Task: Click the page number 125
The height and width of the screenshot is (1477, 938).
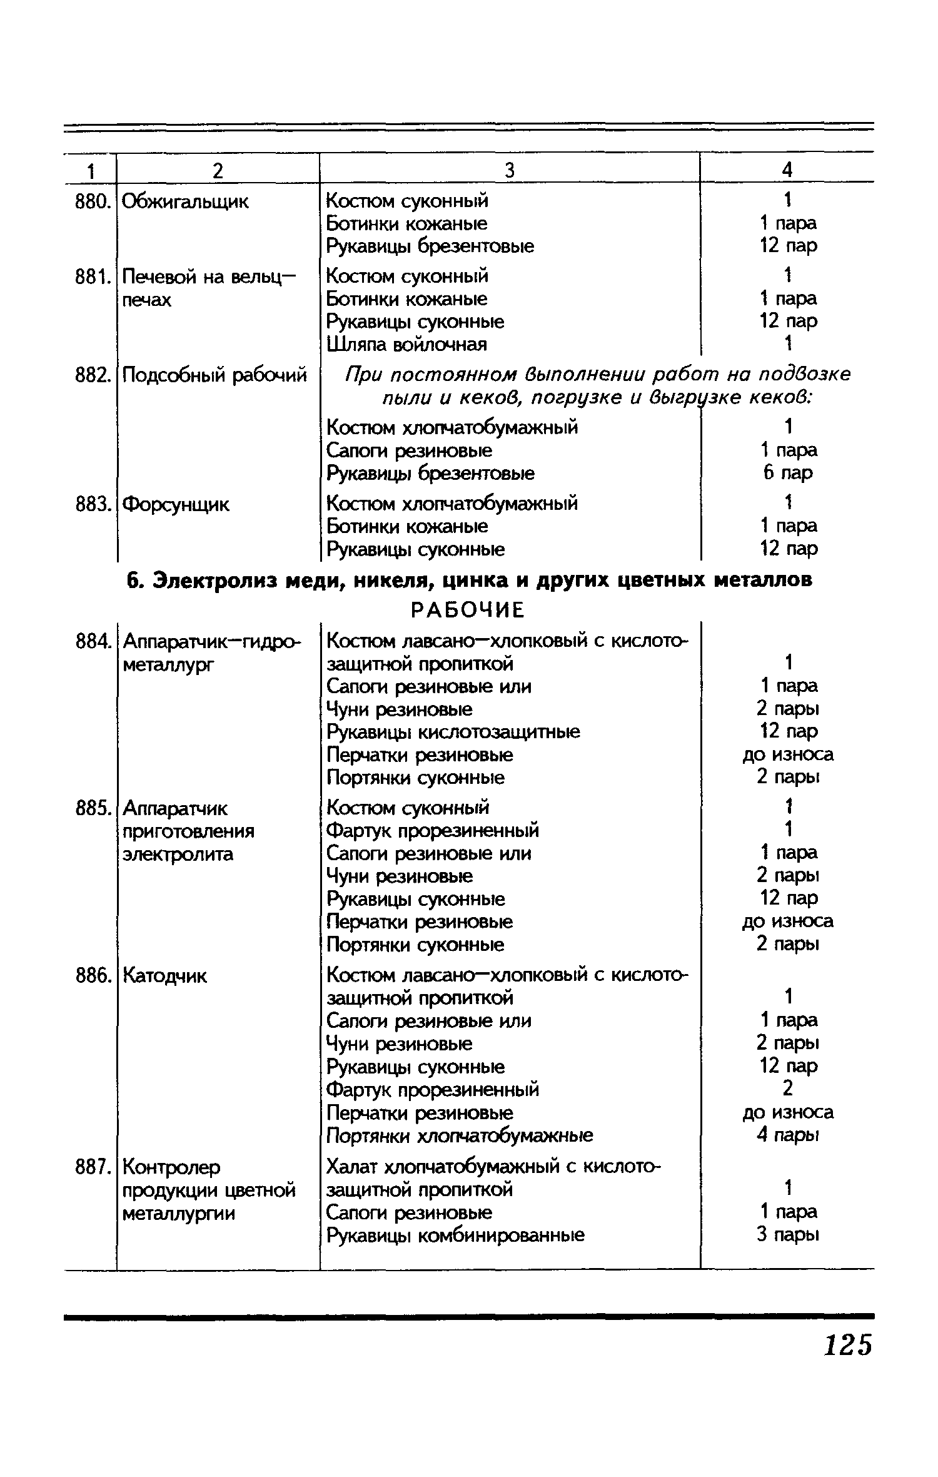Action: coord(847,1344)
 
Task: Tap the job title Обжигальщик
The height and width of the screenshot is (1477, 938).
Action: coord(185,201)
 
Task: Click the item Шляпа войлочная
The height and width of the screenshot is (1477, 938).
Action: coord(406,344)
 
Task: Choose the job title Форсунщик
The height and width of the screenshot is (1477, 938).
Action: coord(176,504)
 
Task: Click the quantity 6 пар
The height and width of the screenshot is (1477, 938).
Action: coord(787,472)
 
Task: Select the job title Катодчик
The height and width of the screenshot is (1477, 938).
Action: coord(164,976)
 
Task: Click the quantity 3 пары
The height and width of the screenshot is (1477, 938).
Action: coord(787,1235)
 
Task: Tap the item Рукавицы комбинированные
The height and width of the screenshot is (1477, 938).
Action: coord(456,1236)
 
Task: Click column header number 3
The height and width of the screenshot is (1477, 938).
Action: coord(510,170)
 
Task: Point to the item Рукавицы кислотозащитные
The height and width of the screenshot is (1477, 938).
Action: coord(453,731)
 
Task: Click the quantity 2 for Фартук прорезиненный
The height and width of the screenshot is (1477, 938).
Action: coord(787,1089)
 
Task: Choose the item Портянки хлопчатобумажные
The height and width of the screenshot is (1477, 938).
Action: coord(460,1135)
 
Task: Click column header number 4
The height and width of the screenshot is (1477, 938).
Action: coord(787,170)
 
